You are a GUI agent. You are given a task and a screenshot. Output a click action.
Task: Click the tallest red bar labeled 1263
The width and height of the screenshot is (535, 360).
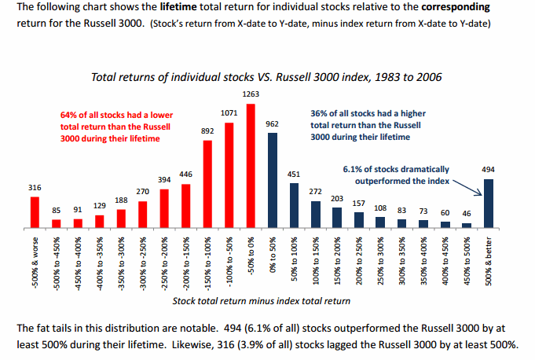[251, 166]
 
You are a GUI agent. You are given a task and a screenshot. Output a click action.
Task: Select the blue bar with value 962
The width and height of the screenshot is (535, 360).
[273, 181]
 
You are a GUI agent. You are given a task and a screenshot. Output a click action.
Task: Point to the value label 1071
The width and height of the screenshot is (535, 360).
[229, 113]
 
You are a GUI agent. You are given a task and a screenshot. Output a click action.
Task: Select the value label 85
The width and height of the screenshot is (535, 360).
[57, 210]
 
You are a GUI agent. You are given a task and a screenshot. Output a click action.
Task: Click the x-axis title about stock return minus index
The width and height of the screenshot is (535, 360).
[261, 300]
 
